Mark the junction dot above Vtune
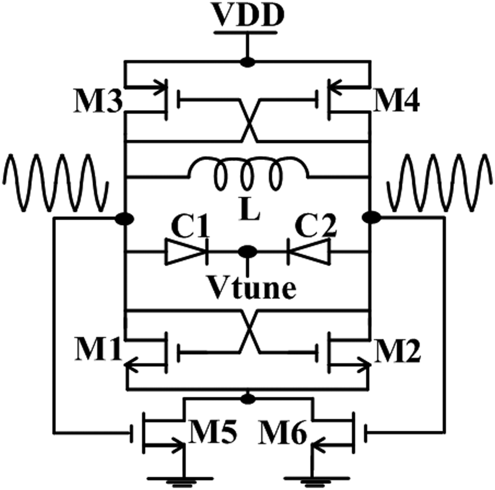tap(247, 252)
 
